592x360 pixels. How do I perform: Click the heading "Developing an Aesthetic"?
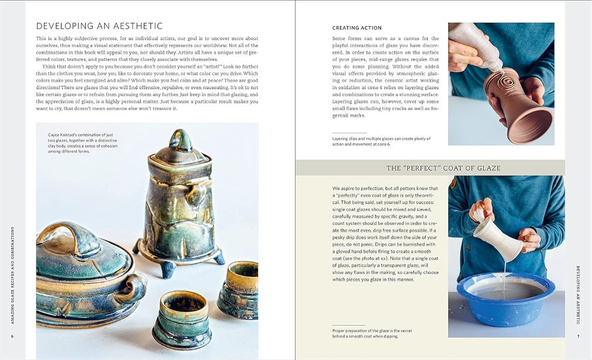(99, 26)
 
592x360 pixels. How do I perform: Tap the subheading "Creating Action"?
(357, 28)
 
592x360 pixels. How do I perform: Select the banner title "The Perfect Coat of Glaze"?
(443, 168)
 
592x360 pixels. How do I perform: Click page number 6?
(12, 336)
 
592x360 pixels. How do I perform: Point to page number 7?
(578, 336)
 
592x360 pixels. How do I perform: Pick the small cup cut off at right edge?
(239, 289)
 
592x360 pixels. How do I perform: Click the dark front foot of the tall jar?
(168, 270)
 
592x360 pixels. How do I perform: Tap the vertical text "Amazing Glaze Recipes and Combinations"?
(12, 275)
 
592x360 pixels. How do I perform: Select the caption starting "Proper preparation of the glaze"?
(372, 333)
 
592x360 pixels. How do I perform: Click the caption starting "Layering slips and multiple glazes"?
(382, 141)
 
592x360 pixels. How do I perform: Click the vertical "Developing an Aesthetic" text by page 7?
(578, 295)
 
